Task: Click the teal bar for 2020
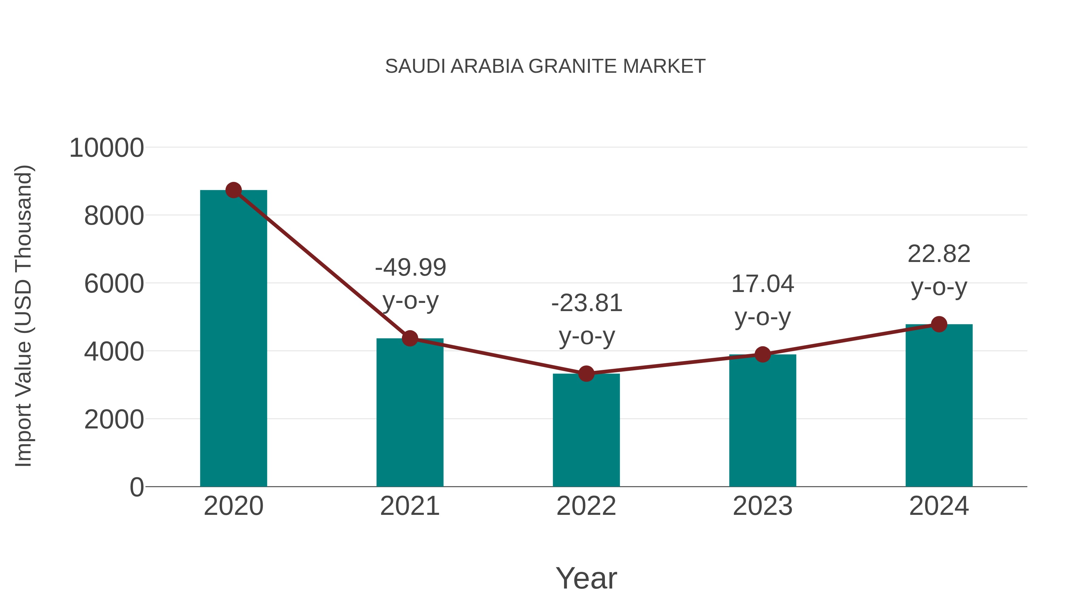(233, 339)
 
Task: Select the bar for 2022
(586, 430)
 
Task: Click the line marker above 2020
(233, 190)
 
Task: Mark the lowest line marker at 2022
(586, 374)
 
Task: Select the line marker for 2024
(939, 324)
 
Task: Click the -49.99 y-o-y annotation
(410, 284)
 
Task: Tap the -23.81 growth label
(587, 320)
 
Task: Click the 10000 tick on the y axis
(106, 148)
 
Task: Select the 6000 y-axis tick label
(114, 284)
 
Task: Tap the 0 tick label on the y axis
(136, 487)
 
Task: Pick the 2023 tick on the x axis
(762, 506)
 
